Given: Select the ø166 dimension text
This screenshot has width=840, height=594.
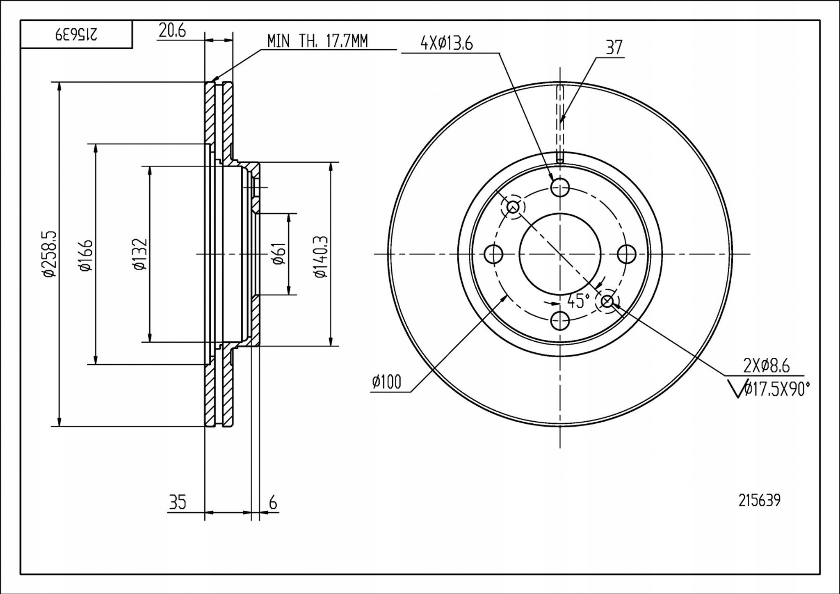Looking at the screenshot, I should [86, 255].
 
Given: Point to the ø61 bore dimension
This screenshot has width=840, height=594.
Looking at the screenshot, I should [279, 254].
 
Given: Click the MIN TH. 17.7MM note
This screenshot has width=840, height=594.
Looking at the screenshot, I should [317, 41].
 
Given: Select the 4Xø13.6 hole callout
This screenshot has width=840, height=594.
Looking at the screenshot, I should [446, 43].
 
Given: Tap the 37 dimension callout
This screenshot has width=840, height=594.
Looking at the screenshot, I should [614, 48].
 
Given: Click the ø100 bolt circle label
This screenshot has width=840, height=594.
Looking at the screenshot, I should [386, 383].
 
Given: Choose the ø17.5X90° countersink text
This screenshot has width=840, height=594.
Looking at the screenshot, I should [776, 389].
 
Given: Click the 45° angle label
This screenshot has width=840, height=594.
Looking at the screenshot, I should [578, 302].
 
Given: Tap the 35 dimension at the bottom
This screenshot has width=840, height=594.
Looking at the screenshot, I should [177, 503].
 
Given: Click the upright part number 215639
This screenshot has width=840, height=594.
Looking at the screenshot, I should [759, 500].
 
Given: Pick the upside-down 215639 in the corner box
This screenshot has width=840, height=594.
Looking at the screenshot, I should [77, 34].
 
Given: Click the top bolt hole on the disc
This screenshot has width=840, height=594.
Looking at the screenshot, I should [560, 188].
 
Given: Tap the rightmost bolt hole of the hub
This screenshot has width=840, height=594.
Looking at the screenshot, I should [627, 254].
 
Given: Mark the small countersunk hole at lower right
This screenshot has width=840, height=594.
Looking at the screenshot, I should [607, 302].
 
